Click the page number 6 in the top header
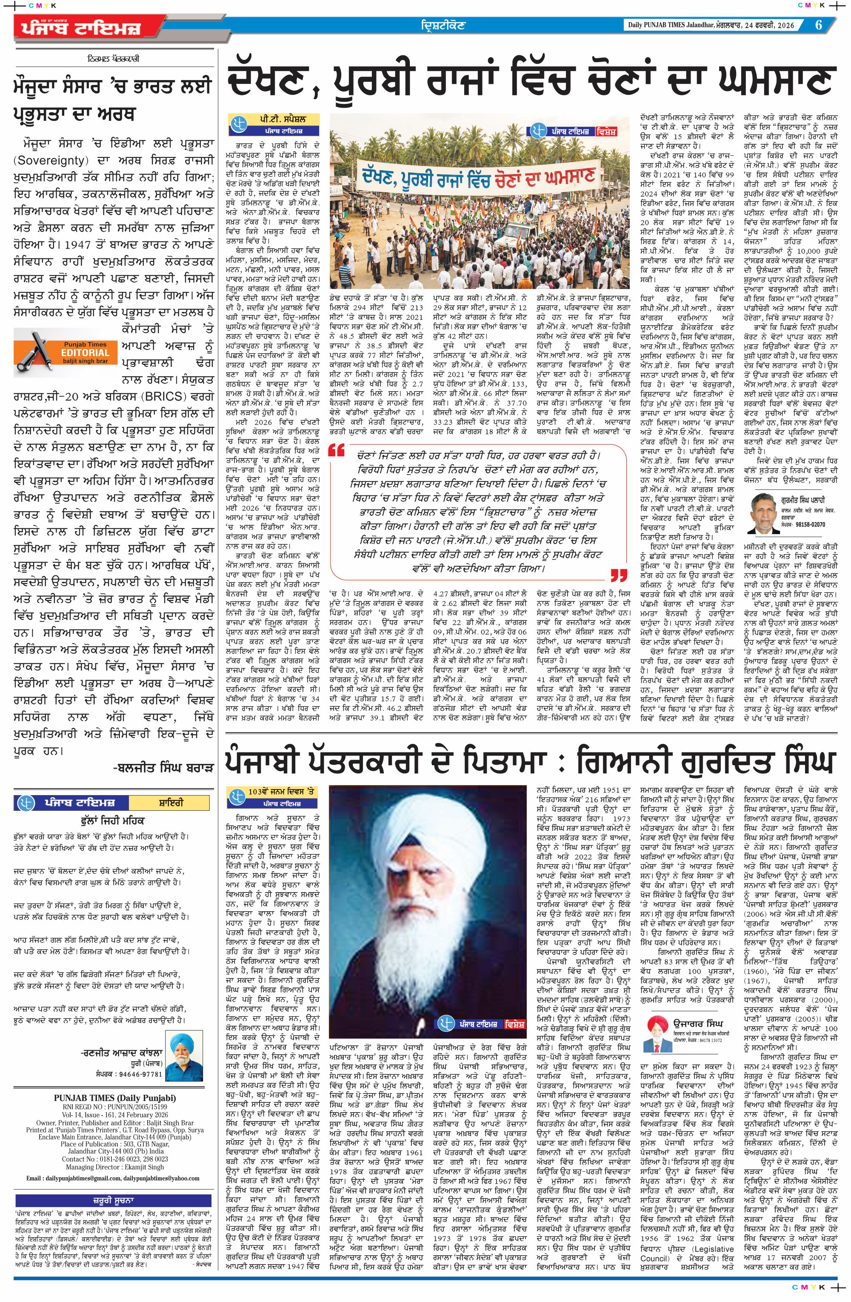(818, 25)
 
